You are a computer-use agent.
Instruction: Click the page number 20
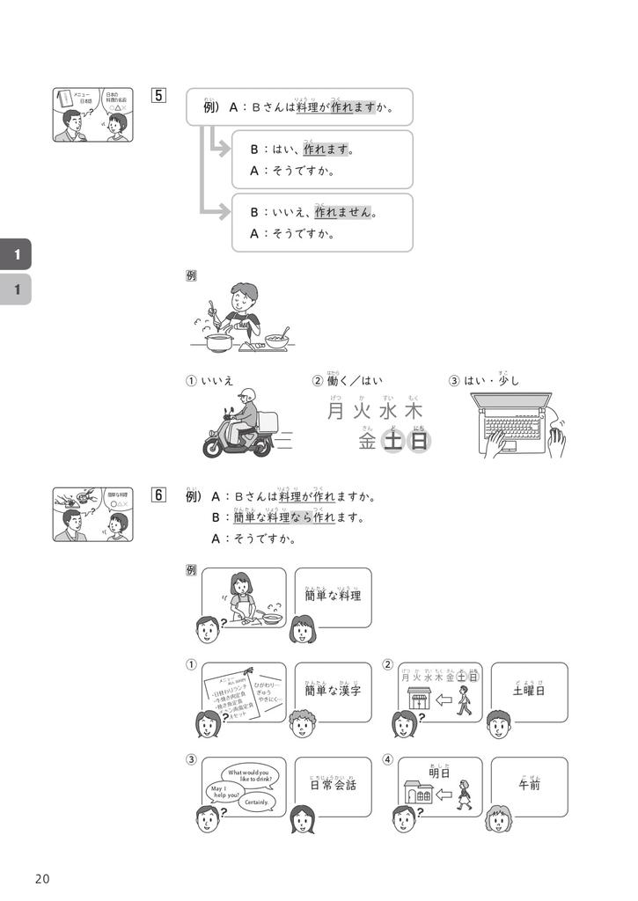(x=42, y=879)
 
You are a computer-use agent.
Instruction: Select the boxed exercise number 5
(x=158, y=95)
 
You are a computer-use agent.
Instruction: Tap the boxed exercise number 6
(x=158, y=494)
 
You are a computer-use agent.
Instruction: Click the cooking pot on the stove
(x=219, y=342)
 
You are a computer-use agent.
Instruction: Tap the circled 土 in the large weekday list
(x=393, y=441)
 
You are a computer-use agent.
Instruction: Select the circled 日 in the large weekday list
(x=420, y=441)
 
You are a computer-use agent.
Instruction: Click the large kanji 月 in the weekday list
(x=334, y=411)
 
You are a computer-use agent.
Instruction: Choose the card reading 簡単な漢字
(x=333, y=692)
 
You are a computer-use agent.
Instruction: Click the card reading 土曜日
(x=529, y=692)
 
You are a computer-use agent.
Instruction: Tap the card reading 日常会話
(x=333, y=786)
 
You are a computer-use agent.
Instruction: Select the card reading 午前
(x=529, y=786)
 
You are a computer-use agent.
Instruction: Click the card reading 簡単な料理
(x=333, y=597)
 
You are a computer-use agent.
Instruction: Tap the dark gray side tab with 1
(x=15, y=254)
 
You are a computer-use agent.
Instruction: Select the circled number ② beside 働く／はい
(x=318, y=381)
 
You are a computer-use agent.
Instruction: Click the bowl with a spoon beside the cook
(x=277, y=340)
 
